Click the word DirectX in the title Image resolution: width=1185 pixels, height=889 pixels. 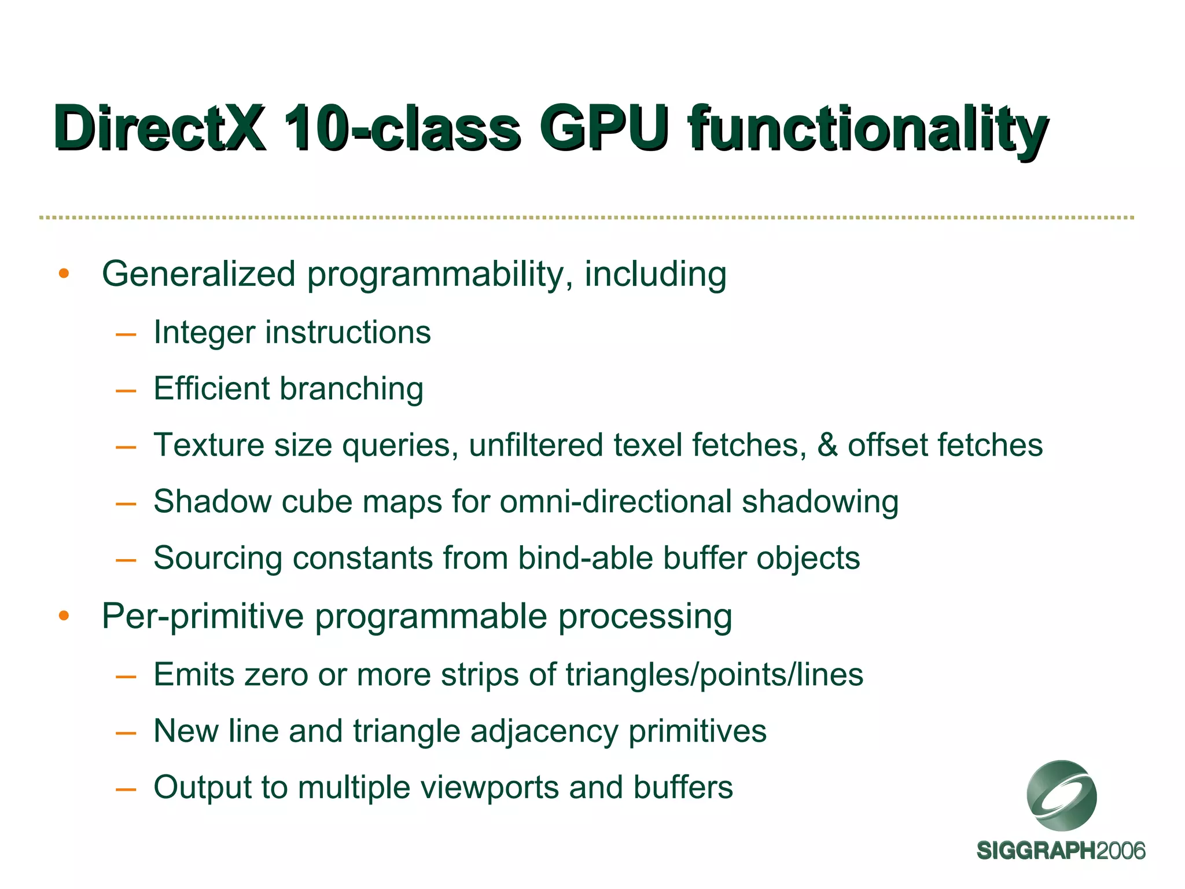[x=160, y=128]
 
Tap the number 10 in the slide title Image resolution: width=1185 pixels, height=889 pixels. [x=315, y=128]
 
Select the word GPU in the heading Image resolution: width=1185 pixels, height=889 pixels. [x=604, y=128]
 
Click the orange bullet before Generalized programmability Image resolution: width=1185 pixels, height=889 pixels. [x=64, y=273]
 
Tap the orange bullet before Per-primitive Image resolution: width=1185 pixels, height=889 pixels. [x=64, y=616]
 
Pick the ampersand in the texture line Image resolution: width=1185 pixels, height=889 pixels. [x=827, y=445]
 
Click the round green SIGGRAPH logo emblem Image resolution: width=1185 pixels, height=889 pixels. [x=1061, y=795]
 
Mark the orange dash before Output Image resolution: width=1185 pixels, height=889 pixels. [x=126, y=788]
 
